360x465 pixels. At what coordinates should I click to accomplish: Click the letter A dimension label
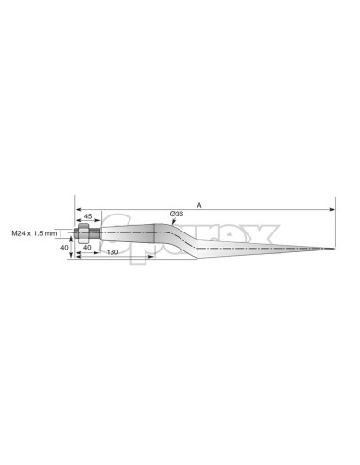[x=199, y=203]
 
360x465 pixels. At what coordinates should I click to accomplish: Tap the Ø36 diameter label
[x=177, y=215]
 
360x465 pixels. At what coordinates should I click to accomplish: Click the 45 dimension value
[x=87, y=216]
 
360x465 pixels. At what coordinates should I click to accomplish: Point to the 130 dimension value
[x=112, y=253]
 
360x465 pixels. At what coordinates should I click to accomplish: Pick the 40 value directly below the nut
[x=87, y=247]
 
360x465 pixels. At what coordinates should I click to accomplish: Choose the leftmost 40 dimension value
[x=63, y=247]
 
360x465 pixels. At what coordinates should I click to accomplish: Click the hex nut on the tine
[x=86, y=232]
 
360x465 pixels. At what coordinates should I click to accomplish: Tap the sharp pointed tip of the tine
[x=334, y=249]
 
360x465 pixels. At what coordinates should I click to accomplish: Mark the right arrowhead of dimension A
[x=332, y=207]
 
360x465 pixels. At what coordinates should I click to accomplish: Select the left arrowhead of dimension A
[x=77, y=207]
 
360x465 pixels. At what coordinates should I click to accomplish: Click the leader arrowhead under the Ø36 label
[x=171, y=224]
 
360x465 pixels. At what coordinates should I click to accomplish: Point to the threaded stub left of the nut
[x=76, y=232]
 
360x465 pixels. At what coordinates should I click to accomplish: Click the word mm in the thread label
[x=52, y=232]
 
